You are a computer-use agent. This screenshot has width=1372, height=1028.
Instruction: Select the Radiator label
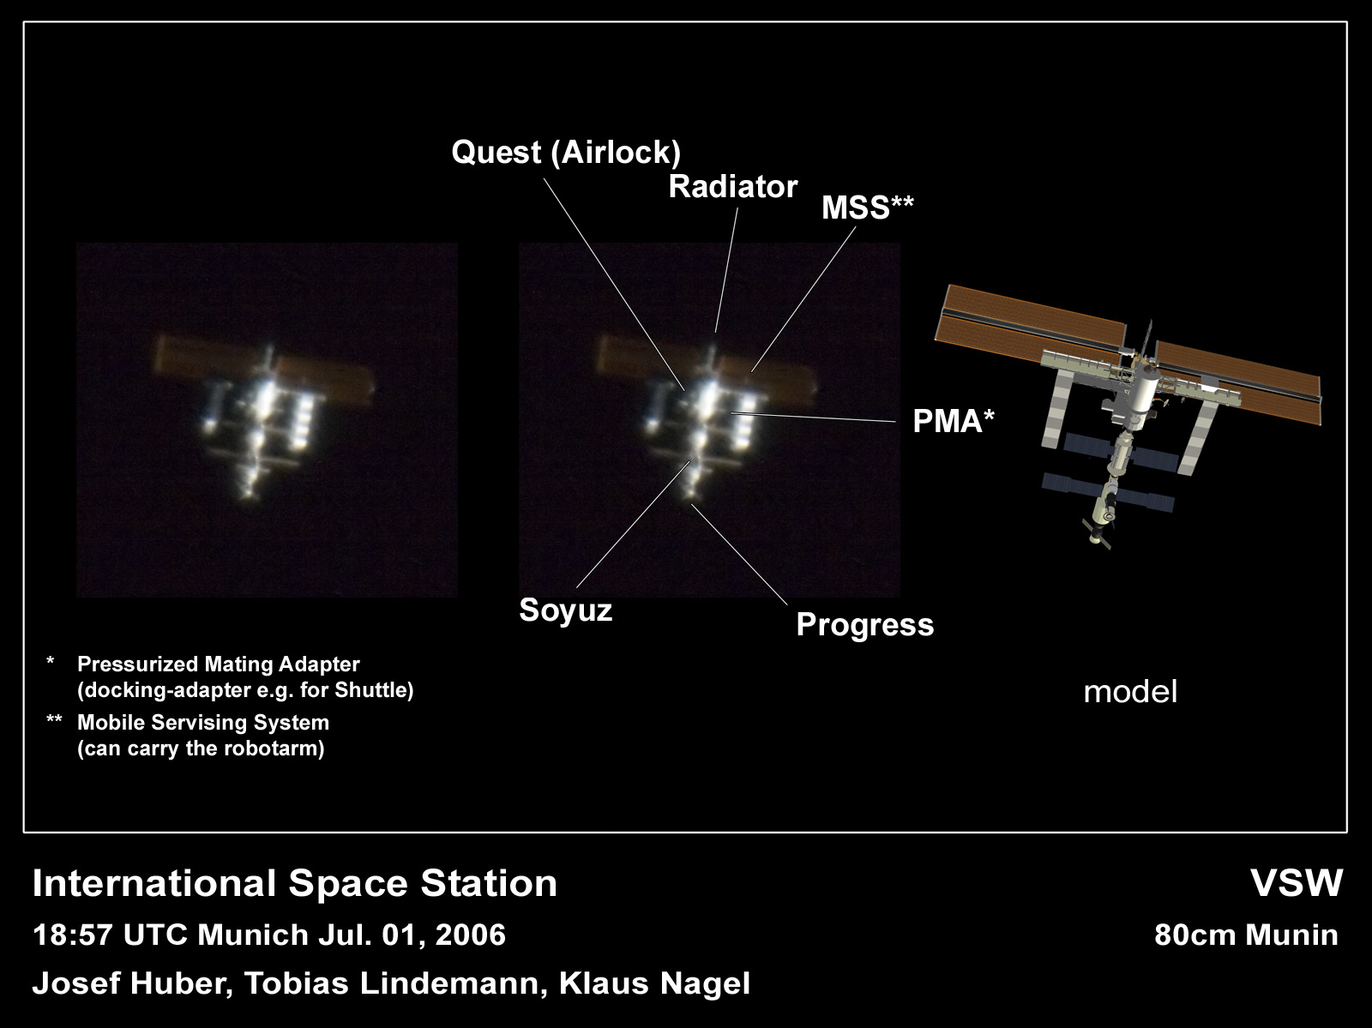[733, 187]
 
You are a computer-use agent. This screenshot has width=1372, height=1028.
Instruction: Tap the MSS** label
[868, 207]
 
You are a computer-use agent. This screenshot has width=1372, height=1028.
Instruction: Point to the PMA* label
[954, 421]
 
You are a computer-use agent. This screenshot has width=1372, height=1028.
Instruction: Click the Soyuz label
[566, 610]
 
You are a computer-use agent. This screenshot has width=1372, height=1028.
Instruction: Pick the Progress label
[865, 624]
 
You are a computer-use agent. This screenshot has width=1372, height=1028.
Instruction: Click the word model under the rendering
[1130, 692]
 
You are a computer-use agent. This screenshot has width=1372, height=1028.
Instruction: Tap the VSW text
[1297, 883]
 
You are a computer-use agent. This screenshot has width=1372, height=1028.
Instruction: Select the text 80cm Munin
[1246, 935]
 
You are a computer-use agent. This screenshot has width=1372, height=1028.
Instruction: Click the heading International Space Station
[294, 883]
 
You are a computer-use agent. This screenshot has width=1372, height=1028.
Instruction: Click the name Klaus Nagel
[654, 983]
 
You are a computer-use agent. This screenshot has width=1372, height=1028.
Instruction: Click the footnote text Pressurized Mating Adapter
[218, 664]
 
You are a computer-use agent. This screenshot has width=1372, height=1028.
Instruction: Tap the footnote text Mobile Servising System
[203, 723]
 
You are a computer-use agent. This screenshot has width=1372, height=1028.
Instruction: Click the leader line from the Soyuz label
[633, 525]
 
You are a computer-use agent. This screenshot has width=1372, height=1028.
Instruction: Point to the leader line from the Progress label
[739, 555]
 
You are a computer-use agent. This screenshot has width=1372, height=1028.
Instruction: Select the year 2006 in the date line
[470, 935]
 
